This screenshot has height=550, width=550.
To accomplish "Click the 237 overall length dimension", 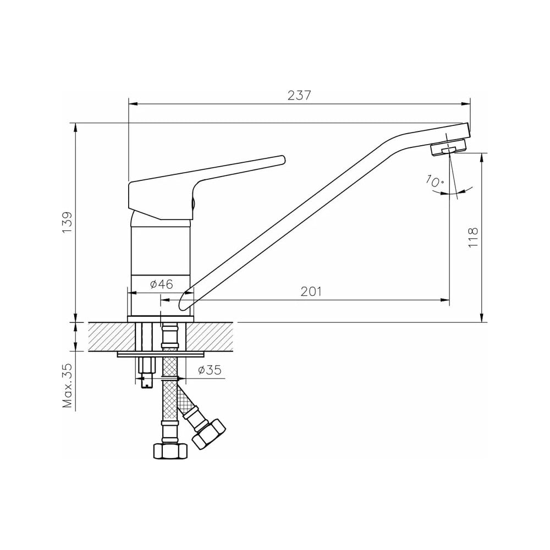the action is click(x=299, y=95).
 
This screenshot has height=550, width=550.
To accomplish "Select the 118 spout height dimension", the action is click(x=473, y=237).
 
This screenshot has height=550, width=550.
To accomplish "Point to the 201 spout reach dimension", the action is click(x=311, y=291).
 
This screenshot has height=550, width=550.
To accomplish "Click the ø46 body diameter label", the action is click(x=162, y=284).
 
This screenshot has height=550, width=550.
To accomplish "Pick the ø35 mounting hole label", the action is click(x=210, y=370).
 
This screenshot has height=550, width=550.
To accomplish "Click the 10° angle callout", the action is click(x=435, y=180).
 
